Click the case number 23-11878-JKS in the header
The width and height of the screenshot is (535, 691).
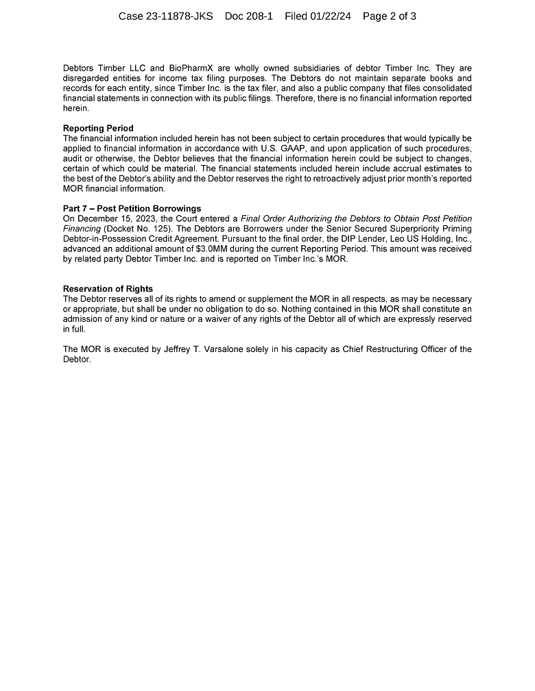[180, 16]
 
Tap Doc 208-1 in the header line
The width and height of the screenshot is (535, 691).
[249, 16]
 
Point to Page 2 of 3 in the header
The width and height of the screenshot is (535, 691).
[390, 16]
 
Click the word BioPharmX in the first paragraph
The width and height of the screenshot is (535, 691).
[205, 68]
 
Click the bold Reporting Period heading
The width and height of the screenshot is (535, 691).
[98, 128]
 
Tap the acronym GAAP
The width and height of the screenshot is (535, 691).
[293, 149]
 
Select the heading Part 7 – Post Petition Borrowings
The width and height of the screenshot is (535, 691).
[132, 209]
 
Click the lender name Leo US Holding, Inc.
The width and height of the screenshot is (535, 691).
[433, 239]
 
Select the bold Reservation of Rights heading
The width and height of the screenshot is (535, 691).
[108, 289]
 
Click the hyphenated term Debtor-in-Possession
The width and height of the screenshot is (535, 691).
[106, 239]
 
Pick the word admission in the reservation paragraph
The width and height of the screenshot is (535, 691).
[83, 319]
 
